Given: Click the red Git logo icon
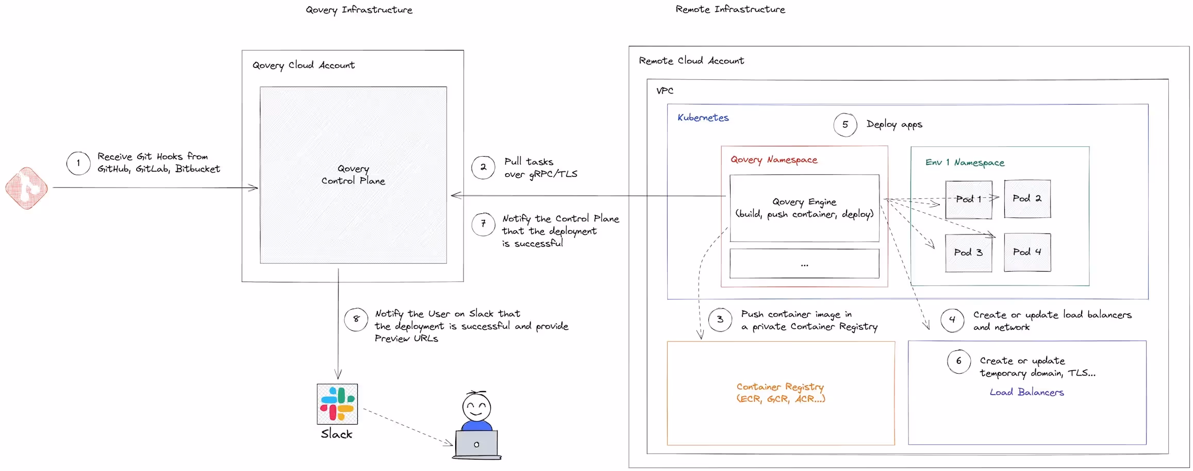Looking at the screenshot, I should (x=27, y=188).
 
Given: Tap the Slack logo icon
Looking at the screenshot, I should (x=337, y=403).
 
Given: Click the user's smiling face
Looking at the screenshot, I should (x=476, y=408).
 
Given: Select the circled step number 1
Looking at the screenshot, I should (x=78, y=163).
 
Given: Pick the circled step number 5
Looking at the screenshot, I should (x=845, y=125).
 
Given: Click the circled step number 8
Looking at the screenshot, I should (x=356, y=319).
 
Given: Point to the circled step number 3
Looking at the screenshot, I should (x=720, y=319).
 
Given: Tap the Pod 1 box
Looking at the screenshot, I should (x=968, y=199).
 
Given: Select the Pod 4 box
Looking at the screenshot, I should (x=1027, y=253).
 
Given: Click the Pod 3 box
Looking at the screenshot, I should (x=968, y=253).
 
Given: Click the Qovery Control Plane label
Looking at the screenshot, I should (x=353, y=175).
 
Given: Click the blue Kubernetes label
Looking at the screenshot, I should (x=703, y=118).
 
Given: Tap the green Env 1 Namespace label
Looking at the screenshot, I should (x=965, y=163).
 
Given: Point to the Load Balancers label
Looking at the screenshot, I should (x=1026, y=392).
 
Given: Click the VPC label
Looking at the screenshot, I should (x=665, y=91).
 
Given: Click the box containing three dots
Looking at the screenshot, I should (x=804, y=264).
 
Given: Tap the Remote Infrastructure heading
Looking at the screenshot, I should (x=730, y=9).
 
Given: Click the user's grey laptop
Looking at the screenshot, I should (x=476, y=444).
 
